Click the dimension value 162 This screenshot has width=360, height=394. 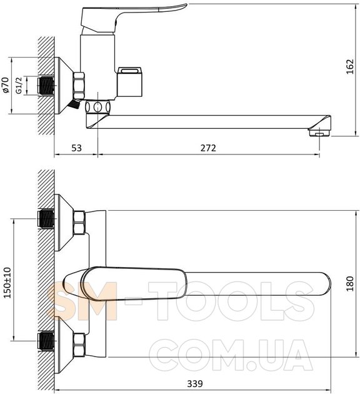[350, 66]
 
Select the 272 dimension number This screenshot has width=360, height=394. [208, 148]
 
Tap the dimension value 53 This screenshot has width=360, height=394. [77, 148]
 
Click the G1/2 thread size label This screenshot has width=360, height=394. [19, 86]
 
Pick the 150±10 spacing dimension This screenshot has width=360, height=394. [7, 283]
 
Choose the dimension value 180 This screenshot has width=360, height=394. [350, 284]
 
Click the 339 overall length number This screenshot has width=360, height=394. [195, 384]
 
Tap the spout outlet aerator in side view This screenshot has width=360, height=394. [319, 132]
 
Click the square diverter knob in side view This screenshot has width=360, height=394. [130, 82]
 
